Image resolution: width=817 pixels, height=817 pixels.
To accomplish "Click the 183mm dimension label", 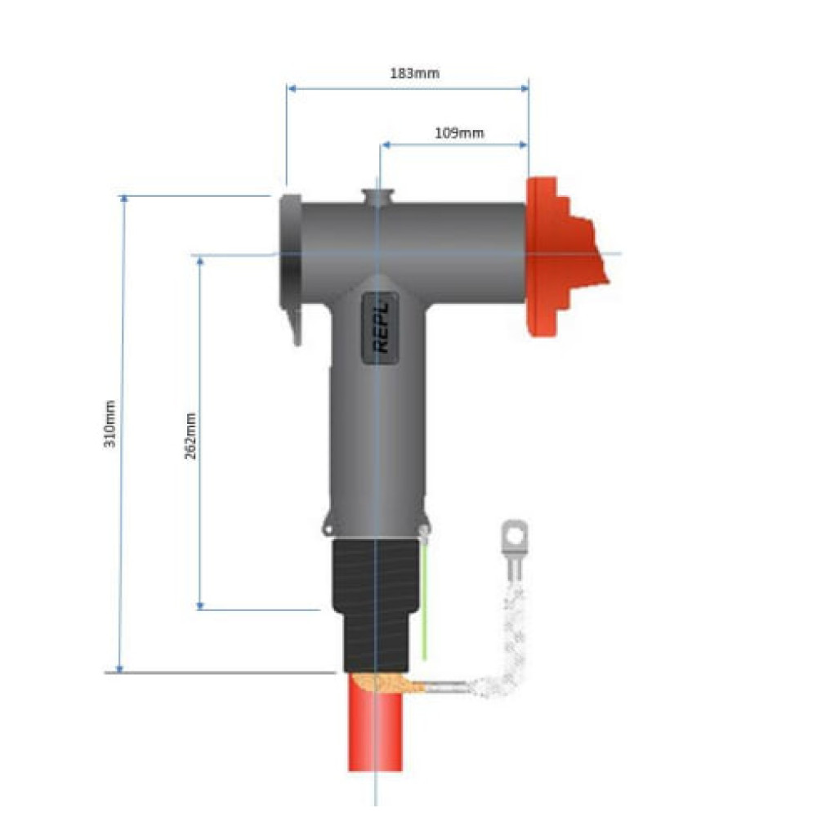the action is (414, 73).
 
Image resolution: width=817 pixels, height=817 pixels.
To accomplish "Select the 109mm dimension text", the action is (459, 133).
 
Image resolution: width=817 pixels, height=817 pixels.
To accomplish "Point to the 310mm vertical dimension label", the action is (109, 423).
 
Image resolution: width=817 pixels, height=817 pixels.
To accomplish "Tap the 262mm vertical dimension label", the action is (190, 436).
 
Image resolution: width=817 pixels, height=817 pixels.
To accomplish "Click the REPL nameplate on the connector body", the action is (381, 328).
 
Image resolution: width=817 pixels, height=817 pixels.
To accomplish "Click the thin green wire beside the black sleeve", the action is (425, 599).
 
